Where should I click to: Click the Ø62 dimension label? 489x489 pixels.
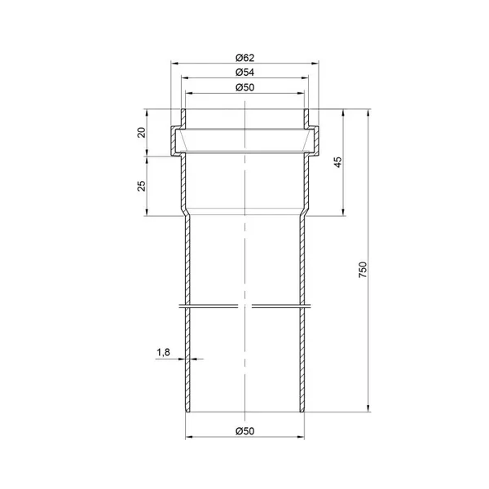tap(244, 58)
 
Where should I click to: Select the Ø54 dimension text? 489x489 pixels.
tap(244, 73)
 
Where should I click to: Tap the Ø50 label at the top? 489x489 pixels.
tap(244, 87)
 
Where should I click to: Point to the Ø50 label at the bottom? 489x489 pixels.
tap(244, 431)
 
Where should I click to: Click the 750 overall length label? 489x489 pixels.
tap(363, 270)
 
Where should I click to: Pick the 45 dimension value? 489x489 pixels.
tap(337, 162)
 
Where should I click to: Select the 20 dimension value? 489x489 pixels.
tap(142, 133)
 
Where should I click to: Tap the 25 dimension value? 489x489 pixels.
tap(142, 186)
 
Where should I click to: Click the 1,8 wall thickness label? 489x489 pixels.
tap(163, 352)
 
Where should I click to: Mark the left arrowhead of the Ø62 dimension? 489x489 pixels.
tap(174, 64)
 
